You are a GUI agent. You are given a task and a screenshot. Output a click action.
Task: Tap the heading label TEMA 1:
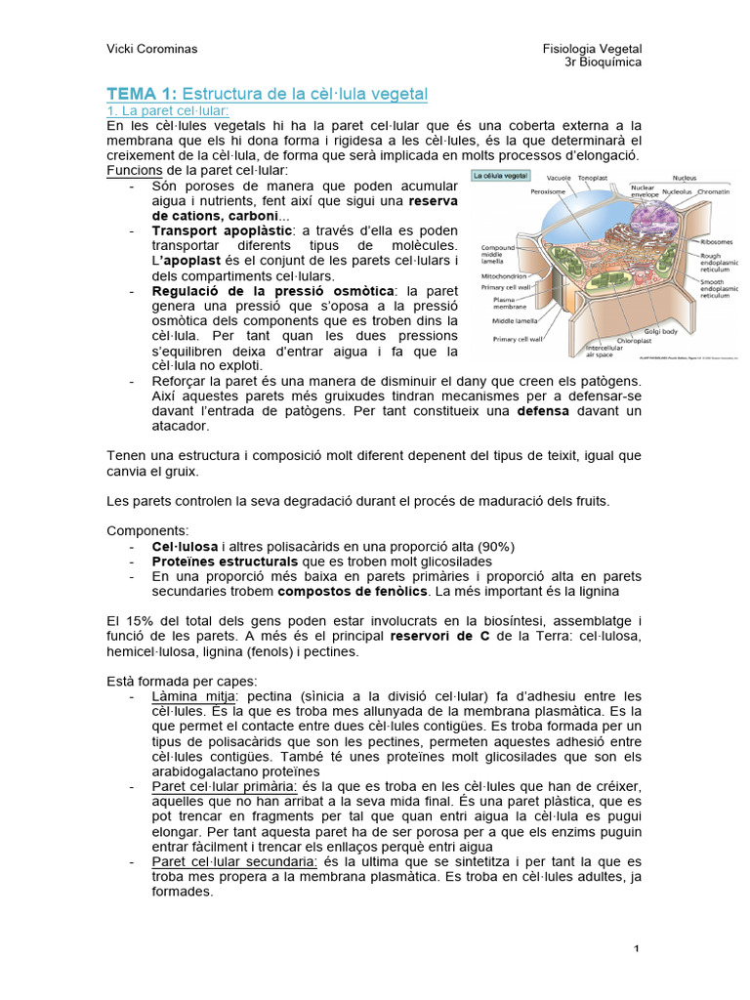(141, 94)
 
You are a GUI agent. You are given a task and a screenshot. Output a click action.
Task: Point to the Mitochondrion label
(505, 276)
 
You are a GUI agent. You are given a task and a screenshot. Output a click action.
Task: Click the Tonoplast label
(592, 179)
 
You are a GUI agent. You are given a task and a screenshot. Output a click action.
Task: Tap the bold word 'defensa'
(543, 411)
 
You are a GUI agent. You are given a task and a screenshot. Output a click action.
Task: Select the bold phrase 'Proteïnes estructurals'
(225, 562)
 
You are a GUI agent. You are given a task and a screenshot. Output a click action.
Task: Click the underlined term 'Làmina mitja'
(185, 696)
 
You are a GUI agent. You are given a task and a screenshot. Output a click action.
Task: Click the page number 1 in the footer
(636, 949)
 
